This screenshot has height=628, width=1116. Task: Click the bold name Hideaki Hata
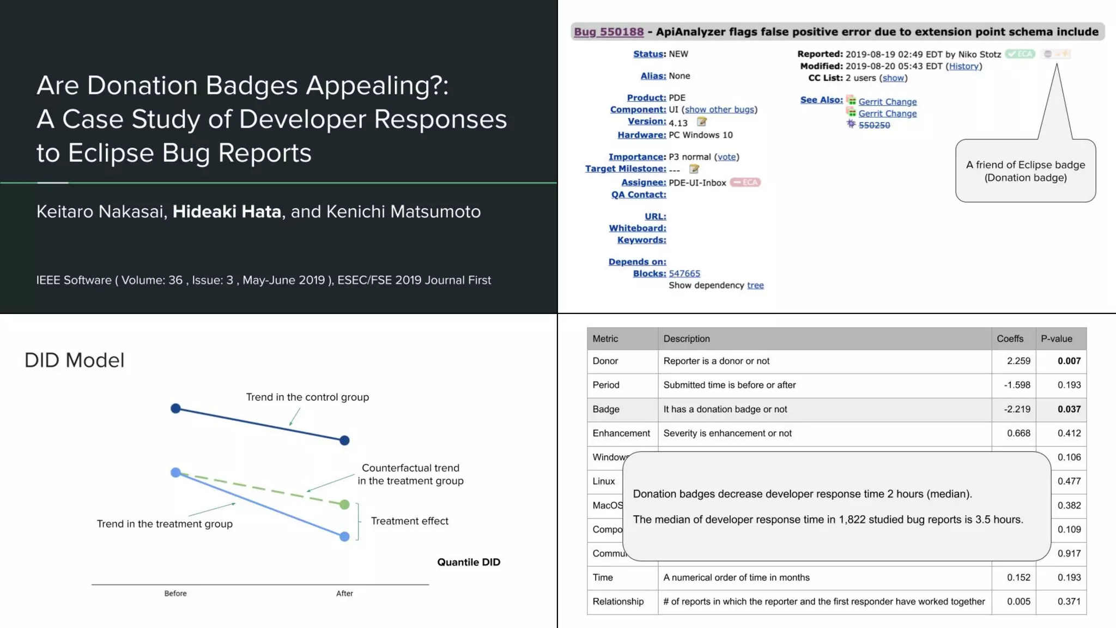pyautogui.click(x=227, y=212)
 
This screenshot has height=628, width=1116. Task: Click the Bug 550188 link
pyautogui.click(x=609, y=32)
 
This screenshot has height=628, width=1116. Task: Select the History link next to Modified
pyautogui.click(x=963, y=66)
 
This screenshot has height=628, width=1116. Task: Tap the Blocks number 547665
pyautogui.click(x=684, y=274)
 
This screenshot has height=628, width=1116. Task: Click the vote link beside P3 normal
pyautogui.click(x=726, y=157)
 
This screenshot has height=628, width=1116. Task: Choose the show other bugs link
pyautogui.click(x=719, y=110)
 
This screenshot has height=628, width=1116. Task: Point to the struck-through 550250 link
pyautogui.click(x=874, y=125)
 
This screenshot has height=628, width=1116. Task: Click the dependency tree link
pyautogui.click(x=755, y=286)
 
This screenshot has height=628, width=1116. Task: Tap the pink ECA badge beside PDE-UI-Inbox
pyautogui.click(x=745, y=183)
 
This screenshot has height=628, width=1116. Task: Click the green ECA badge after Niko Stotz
pyautogui.click(x=1020, y=54)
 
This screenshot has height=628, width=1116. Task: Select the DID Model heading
pyautogui.click(x=75, y=360)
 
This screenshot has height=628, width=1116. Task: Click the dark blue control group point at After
pyautogui.click(x=344, y=440)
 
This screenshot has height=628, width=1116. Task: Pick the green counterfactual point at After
pyautogui.click(x=344, y=505)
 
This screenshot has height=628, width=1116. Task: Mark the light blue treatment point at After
pyautogui.click(x=344, y=537)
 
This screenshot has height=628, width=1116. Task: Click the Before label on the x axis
pyautogui.click(x=175, y=594)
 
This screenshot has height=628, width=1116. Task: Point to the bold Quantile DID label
pyautogui.click(x=469, y=562)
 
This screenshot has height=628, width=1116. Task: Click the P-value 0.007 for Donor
pyautogui.click(x=1069, y=361)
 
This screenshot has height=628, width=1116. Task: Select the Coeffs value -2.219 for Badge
pyautogui.click(x=1017, y=409)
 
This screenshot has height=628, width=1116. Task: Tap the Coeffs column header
pyautogui.click(x=1010, y=339)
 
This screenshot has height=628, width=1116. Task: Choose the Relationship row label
pyautogui.click(x=618, y=601)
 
